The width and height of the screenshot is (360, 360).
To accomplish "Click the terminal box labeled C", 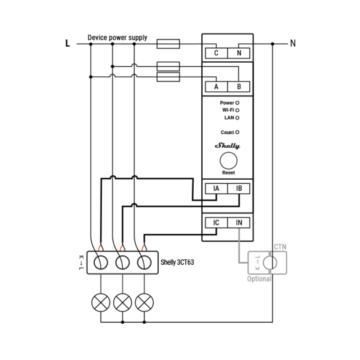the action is pyautogui.click(x=216, y=53).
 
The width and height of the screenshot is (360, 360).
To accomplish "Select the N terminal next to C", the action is pyautogui.click(x=239, y=53).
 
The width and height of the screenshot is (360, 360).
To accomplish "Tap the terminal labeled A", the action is pyautogui.click(x=216, y=87).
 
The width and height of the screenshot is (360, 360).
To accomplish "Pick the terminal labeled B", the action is pyautogui.click(x=239, y=87).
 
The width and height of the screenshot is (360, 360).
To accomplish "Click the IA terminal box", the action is pyautogui.click(x=216, y=189).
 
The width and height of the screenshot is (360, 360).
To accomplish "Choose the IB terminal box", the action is pyautogui.click(x=239, y=189).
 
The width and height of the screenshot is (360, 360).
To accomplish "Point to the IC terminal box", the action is pyautogui.click(x=216, y=222).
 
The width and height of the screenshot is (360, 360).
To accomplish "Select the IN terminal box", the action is pyautogui.click(x=239, y=222).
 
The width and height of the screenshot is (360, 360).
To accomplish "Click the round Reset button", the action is pyautogui.click(x=229, y=161).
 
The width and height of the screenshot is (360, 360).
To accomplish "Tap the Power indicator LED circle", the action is pyautogui.click(x=237, y=103).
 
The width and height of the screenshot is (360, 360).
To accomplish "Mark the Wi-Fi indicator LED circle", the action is pyautogui.click(x=237, y=111).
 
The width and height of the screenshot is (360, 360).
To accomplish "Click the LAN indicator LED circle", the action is pyautogui.click(x=237, y=118).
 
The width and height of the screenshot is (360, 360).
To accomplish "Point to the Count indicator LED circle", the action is pyautogui.click(x=237, y=132).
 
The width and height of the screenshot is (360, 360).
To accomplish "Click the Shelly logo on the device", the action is pyautogui.click(x=227, y=145).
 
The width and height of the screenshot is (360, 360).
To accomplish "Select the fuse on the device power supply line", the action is pyautogui.click(x=168, y=44).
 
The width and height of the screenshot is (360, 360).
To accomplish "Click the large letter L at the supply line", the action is pyautogui.click(x=68, y=43).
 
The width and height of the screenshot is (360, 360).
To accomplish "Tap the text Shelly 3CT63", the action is pyautogui.click(x=177, y=262).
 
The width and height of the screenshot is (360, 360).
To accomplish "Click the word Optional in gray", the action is pyautogui.click(x=259, y=279).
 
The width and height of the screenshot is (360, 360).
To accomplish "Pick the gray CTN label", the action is pyautogui.click(x=280, y=247).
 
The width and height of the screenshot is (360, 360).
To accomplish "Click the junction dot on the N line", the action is pyautogui.click(x=273, y=44).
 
